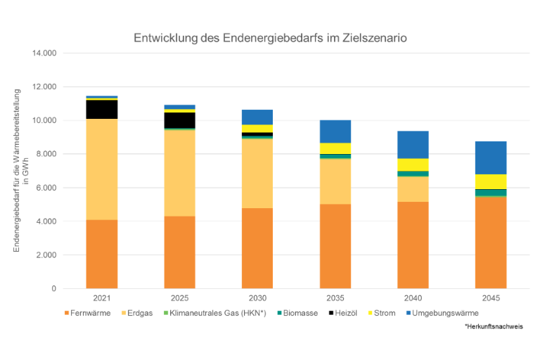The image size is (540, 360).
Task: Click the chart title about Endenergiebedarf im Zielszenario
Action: [x=270, y=37]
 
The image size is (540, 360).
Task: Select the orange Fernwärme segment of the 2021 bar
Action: [x=102, y=254]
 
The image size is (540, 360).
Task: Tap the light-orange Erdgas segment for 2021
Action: [x=102, y=169]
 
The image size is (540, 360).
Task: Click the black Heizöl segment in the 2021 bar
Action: [x=102, y=109]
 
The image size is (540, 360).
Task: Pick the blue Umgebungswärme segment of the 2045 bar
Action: [x=491, y=157]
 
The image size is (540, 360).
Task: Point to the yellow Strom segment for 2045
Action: [x=491, y=181]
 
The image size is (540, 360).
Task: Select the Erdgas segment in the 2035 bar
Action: [x=335, y=181]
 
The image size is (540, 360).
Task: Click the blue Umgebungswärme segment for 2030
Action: [x=257, y=117]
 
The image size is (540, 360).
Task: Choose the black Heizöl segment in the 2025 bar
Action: [x=179, y=120]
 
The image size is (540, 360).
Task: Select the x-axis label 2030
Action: [x=257, y=299]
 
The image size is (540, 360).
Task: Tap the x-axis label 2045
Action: [x=491, y=299]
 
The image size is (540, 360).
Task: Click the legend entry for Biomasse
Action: [x=300, y=313]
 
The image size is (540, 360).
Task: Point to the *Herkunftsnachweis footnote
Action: [x=494, y=328]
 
